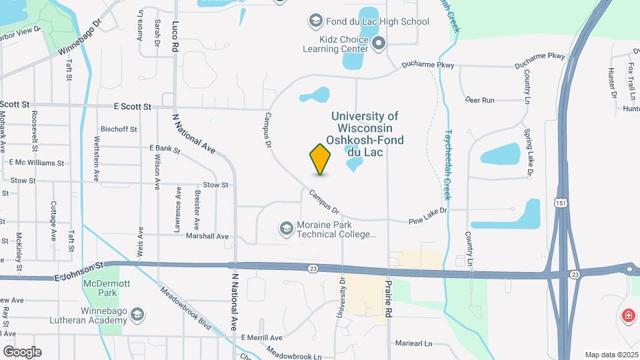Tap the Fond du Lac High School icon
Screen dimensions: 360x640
coord(315,21)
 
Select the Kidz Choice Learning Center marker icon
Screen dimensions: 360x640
coord(379,45)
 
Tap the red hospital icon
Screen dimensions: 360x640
coord(627,315)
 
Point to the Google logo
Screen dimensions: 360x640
coord(22,351)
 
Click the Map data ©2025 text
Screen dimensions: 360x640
coord(611,355)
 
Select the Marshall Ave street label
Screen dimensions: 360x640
coord(207,236)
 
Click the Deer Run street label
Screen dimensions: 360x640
coord(479,100)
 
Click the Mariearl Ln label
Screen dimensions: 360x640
coord(413,343)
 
